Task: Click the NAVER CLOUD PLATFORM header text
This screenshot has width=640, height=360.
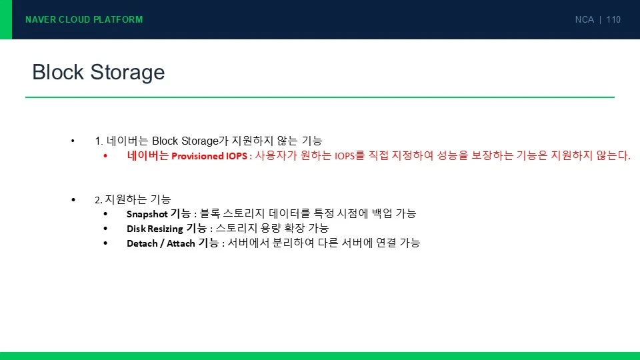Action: pos(84,19)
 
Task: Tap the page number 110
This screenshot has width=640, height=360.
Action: pos(613,19)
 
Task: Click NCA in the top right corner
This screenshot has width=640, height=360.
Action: pos(584,19)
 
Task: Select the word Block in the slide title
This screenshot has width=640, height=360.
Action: pos(58,72)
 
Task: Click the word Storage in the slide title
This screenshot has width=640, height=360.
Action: pos(127,73)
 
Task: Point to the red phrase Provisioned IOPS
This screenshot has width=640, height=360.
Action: pos(209,156)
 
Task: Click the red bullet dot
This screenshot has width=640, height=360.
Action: pos(105,155)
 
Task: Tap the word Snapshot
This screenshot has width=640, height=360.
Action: pos(147,214)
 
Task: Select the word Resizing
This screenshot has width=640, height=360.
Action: pos(165,229)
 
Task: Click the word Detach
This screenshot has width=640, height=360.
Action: pos(142,244)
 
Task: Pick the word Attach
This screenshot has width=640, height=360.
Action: pos(181,244)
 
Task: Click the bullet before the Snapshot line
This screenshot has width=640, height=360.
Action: pos(105,213)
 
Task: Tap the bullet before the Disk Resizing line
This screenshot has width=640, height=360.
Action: pos(105,229)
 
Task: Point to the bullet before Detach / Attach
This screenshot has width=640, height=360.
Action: pos(105,243)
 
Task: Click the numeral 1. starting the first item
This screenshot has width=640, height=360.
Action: pos(99,141)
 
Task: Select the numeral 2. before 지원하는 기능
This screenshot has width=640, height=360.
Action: pos(99,200)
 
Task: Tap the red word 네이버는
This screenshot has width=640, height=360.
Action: pos(148,155)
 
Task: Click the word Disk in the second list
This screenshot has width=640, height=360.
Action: pos(136,229)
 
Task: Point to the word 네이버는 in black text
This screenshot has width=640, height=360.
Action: pos(127,141)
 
